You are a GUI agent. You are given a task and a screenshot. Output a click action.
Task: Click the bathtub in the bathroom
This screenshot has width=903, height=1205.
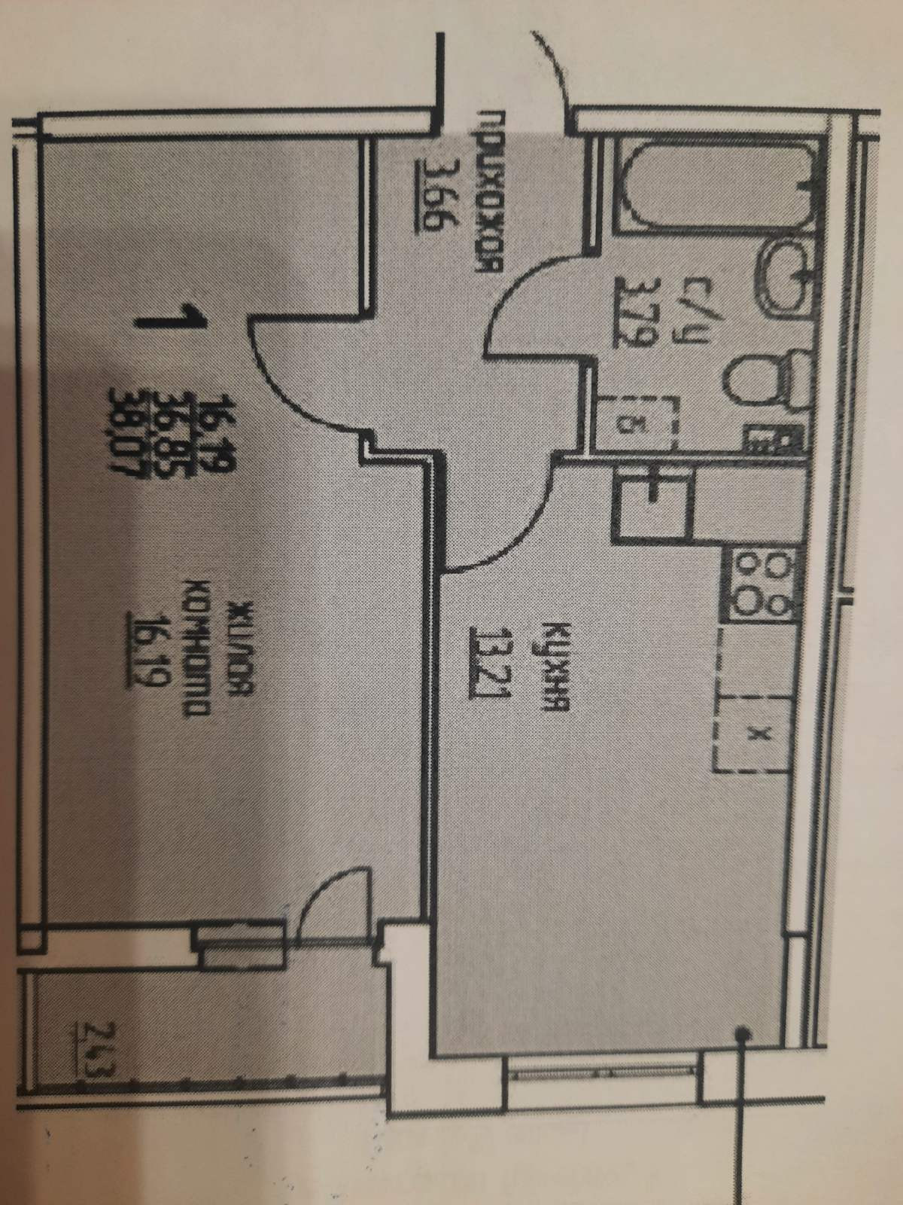(x=715, y=189)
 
